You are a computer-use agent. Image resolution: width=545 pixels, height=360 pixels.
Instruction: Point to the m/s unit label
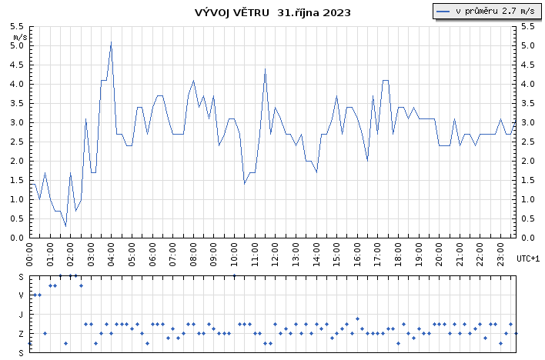coord(20,36)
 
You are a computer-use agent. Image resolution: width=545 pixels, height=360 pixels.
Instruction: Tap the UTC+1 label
coord(528,258)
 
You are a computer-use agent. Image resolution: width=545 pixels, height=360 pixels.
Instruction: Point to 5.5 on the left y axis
coord(17,26)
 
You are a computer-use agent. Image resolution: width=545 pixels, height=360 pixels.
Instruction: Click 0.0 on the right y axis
coord(527,238)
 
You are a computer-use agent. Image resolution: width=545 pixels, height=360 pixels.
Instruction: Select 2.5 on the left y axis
coord(17,142)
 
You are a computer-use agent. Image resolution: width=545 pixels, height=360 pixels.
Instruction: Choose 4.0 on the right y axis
coord(527,84)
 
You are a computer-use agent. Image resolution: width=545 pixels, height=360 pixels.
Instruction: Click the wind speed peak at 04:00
coord(111,42)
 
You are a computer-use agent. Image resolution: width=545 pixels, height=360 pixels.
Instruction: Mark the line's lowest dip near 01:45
coord(65,225)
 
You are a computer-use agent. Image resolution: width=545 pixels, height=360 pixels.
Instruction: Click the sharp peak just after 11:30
coord(265,69)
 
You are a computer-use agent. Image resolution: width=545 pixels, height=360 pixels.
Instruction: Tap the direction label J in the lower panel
coord(22,314)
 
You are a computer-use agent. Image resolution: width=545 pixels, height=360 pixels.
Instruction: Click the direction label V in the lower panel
coord(22,295)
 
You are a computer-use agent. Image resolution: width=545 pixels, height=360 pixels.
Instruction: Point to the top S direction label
coord(22,275)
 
